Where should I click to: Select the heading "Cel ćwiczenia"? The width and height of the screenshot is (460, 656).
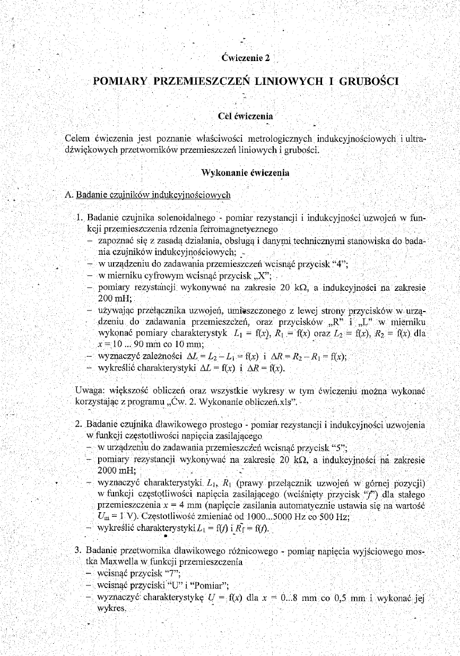(x=245, y=115)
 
